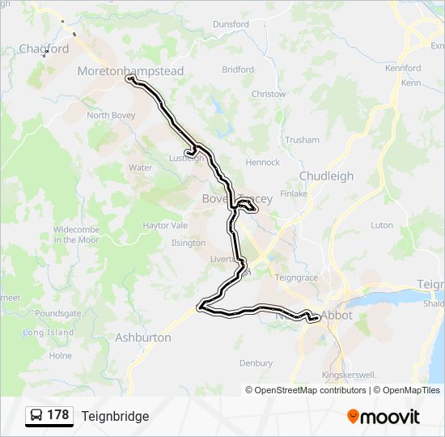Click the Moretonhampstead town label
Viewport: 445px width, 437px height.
tap(130, 71)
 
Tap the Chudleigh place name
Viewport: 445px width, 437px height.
tap(326, 176)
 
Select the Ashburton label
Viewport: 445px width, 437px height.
tap(143, 337)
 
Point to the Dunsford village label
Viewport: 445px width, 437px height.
tap(231, 24)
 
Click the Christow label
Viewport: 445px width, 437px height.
tap(269, 94)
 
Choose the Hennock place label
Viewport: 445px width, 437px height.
tap(264, 163)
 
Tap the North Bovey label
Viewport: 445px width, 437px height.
tap(109, 116)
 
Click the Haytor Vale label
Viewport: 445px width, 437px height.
tap(165, 226)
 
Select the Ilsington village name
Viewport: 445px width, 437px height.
tap(189, 243)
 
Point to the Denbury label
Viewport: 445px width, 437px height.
tap(256, 363)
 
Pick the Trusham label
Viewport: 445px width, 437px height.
tap(303, 140)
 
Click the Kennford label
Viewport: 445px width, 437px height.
tap(403, 68)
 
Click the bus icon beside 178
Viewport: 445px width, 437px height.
tap(36, 416)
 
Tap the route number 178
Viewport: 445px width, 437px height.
tap(58, 415)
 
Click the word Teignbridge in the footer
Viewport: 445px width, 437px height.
tap(115, 416)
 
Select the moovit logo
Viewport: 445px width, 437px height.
tap(384, 417)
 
